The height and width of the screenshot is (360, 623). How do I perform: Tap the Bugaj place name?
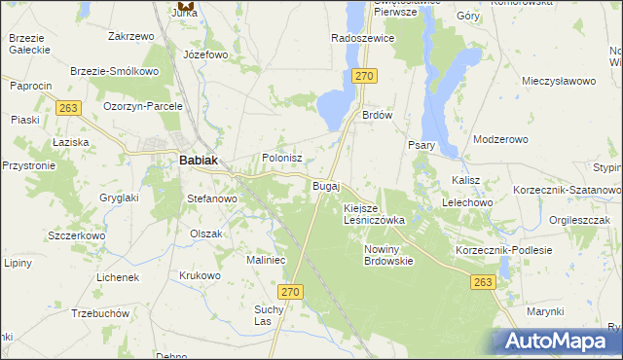(325, 185)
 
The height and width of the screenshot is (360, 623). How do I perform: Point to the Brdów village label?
(377, 114)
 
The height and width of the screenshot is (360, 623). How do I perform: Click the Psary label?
(421, 146)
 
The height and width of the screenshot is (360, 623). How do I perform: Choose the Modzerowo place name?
(500, 139)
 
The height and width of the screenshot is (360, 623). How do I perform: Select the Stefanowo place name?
(212, 198)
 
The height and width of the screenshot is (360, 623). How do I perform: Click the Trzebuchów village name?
(101, 314)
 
